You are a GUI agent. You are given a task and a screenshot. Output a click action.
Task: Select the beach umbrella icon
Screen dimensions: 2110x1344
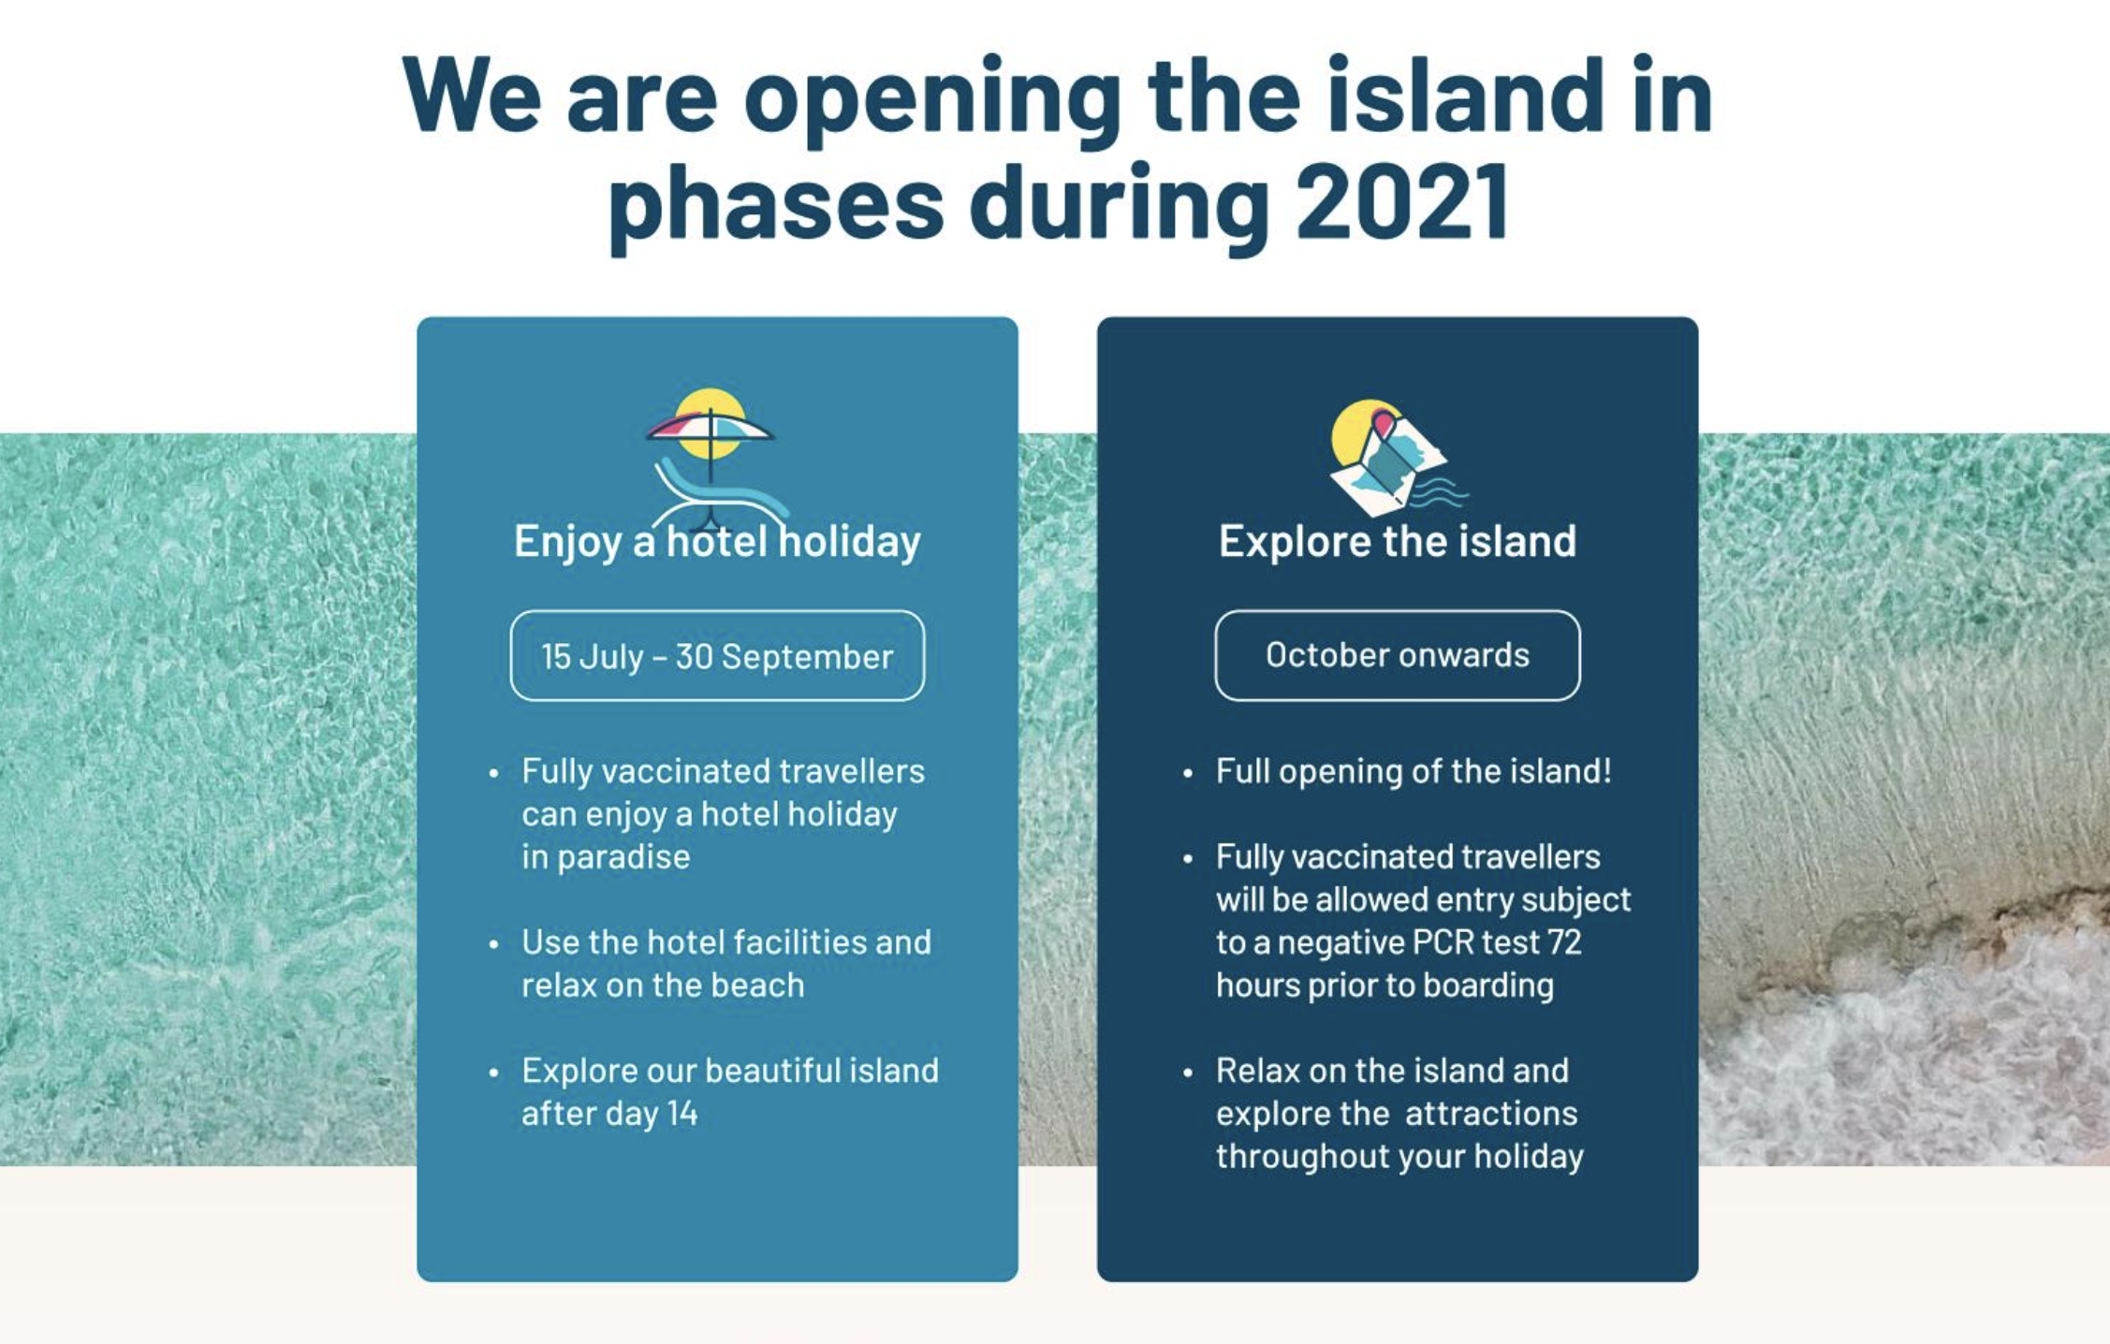pyautogui.click(x=711, y=459)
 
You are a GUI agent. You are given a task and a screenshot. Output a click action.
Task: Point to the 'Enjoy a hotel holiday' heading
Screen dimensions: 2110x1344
pyautogui.click(x=717, y=541)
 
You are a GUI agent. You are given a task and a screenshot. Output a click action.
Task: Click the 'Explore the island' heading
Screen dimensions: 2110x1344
pyautogui.click(x=1398, y=541)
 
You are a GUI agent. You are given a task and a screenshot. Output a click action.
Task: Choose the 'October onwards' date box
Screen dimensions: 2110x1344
pyautogui.click(x=1398, y=655)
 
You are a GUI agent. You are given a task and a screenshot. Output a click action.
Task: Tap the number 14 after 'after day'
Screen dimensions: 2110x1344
pyautogui.click(x=682, y=1113)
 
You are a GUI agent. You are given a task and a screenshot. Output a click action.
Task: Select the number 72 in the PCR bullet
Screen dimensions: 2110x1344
pyautogui.click(x=1564, y=942)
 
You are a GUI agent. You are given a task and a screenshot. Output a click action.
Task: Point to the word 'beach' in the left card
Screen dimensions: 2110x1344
pyautogui.click(x=757, y=985)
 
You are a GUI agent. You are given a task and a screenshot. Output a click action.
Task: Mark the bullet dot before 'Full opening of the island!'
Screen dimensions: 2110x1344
pyautogui.click(x=1188, y=774)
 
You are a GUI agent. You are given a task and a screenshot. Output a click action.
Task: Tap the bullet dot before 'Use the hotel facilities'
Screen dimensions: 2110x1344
pyautogui.click(x=494, y=944)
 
